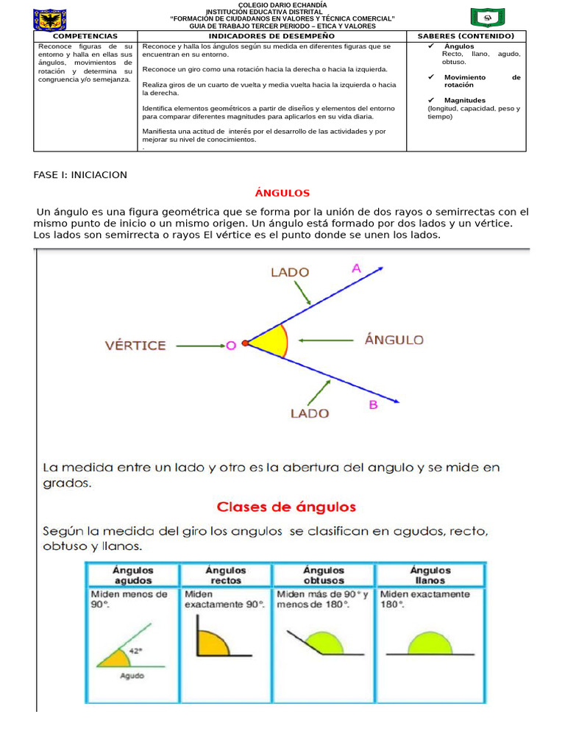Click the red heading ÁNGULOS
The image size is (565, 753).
point(282,193)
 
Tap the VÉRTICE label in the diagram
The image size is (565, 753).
point(135,345)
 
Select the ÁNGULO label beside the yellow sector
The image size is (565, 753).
point(394,340)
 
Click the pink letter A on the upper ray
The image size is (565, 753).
point(356,269)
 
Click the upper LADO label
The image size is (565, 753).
point(290,272)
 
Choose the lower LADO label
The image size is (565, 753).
point(309,413)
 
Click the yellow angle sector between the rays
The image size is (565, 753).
point(269,343)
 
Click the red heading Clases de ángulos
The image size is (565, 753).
point(286,507)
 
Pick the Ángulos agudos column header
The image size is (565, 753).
point(132,574)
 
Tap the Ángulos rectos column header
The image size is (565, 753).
point(226,574)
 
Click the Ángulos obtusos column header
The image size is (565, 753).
point(324,574)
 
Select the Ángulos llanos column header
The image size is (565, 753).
point(430,574)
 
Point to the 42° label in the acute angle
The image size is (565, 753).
point(135,651)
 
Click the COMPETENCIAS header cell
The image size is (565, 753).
point(86,35)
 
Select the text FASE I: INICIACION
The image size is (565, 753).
point(80,174)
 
